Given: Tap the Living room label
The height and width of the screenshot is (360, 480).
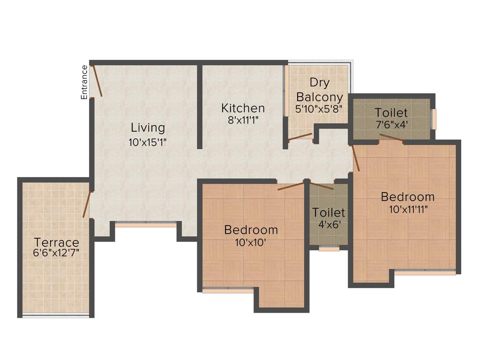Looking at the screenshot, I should pyautogui.click(x=148, y=127).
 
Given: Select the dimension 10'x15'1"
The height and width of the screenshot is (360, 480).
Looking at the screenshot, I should pyautogui.click(x=148, y=142).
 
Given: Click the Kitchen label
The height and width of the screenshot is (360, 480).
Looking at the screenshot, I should pyautogui.click(x=243, y=108).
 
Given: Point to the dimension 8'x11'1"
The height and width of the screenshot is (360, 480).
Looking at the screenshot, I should pyautogui.click(x=243, y=120).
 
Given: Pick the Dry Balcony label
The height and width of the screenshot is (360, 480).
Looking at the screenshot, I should pyautogui.click(x=319, y=90).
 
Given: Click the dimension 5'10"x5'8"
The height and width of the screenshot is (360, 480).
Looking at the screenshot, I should pyautogui.click(x=319, y=109).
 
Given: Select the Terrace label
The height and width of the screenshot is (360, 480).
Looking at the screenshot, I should pyautogui.click(x=56, y=243).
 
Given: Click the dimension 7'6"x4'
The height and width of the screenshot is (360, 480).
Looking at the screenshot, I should pyautogui.click(x=391, y=126).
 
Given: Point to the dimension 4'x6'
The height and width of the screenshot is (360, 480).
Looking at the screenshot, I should pyautogui.click(x=329, y=224).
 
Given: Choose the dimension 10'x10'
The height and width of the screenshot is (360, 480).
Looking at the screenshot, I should pyautogui.click(x=251, y=242).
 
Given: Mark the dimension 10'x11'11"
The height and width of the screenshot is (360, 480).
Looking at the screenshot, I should pyautogui.click(x=407, y=209).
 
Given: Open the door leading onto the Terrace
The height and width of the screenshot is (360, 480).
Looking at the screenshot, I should pyautogui.click(x=86, y=204).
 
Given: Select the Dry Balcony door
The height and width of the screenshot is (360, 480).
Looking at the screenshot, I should pyautogui.click(x=300, y=137).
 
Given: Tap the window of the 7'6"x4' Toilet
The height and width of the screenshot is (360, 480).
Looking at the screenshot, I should pyautogui.click(x=434, y=119).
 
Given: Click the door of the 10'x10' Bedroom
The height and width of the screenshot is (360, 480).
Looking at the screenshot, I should pyautogui.click(x=291, y=186).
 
